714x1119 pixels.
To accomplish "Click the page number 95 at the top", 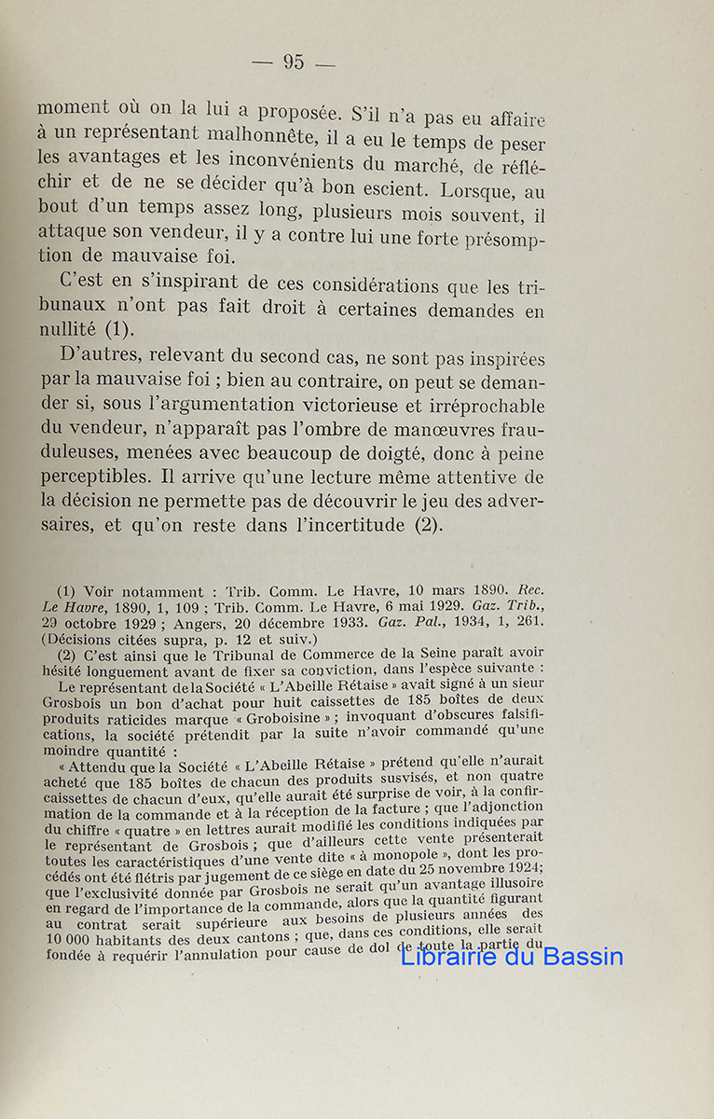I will [293, 62].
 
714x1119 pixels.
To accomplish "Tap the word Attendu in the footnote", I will [98, 764].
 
